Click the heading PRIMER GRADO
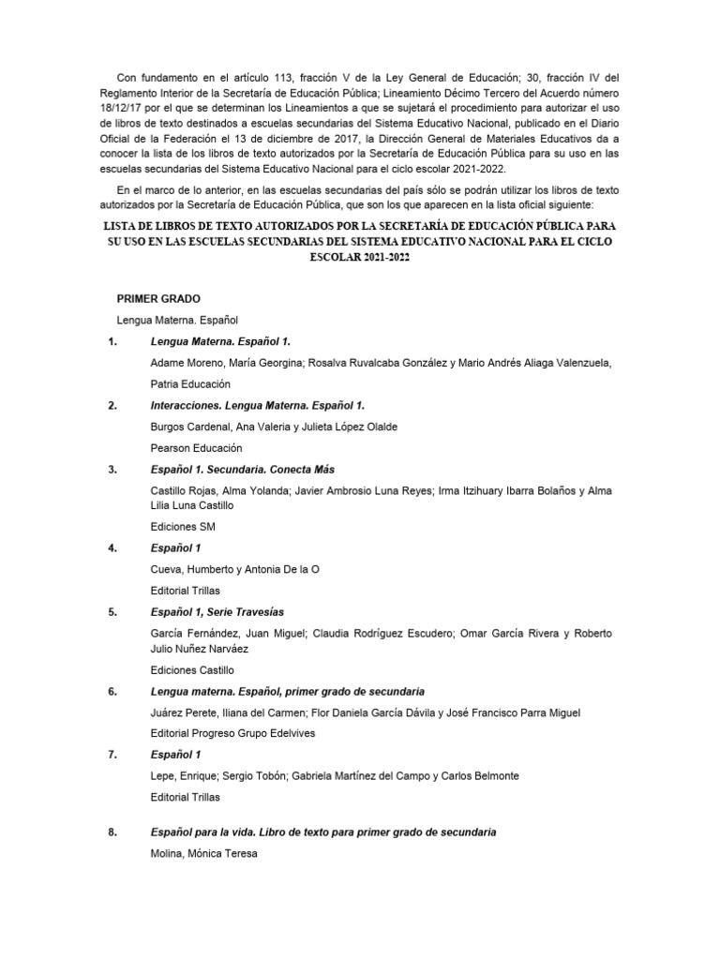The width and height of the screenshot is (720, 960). [x=158, y=298]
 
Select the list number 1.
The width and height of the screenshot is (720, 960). [x=112, y=341]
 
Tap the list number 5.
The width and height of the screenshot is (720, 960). [x=112, y=611]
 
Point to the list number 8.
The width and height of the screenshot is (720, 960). [x=112, y=832]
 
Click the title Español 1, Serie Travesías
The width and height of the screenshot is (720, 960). [x=217, y=611]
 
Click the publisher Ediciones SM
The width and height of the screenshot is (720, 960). [x=183, y=527]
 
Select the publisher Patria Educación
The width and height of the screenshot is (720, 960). [x=190, y=384]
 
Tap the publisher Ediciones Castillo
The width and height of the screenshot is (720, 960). [x=192, y=670]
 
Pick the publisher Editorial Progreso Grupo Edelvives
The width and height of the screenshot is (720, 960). [x=232, y=733]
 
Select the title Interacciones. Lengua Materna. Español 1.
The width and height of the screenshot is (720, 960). [x=257, y=405]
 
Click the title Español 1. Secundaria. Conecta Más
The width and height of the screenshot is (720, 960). [x=242, y=469]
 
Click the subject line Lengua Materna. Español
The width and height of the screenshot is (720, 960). [x=178, y=320]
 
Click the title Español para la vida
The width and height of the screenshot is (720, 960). [x=322, y=832]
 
